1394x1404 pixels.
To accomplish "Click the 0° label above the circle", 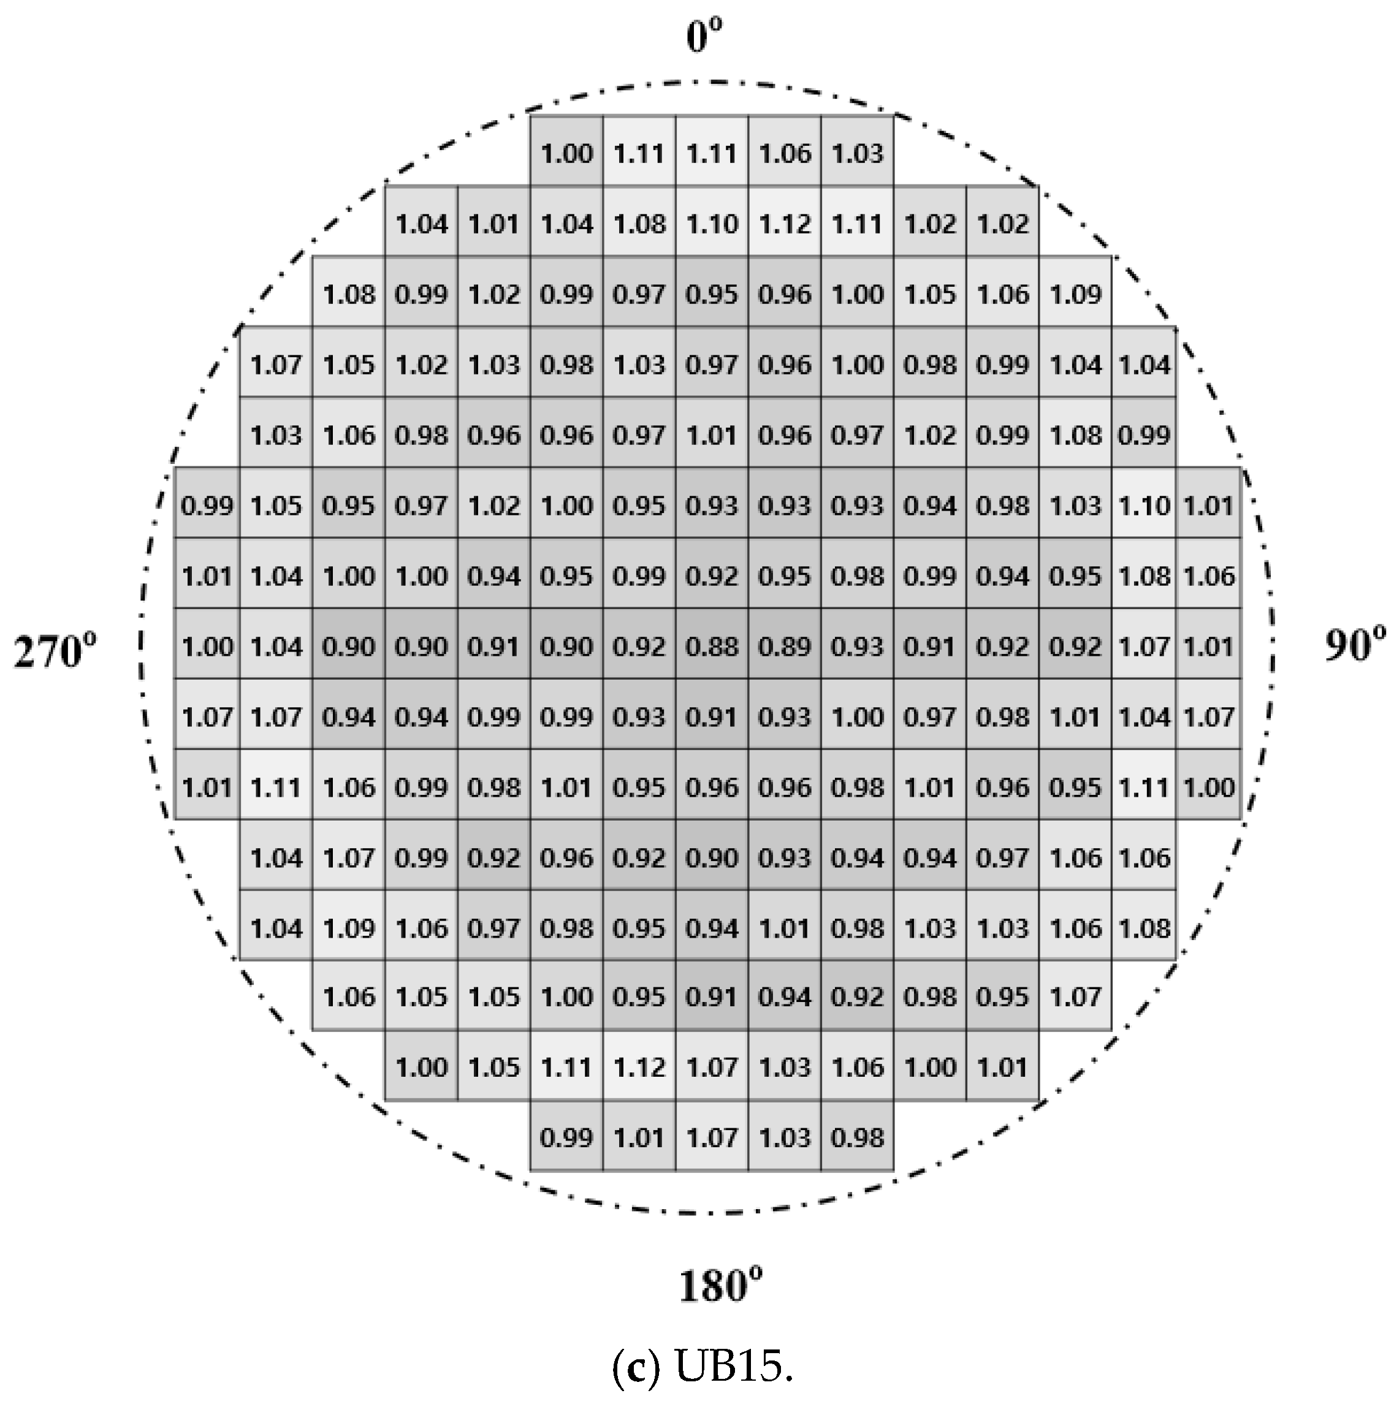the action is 704,36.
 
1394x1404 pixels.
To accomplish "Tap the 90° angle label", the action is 1354,645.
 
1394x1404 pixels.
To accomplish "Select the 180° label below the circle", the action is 720,1286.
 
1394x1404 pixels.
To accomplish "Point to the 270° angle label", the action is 55,650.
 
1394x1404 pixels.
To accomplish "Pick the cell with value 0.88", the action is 712,646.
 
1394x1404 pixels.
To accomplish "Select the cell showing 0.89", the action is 784,646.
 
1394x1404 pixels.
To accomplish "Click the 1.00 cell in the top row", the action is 567,153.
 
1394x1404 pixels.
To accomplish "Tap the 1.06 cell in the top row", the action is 784,153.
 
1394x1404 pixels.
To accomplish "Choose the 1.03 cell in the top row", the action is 857,153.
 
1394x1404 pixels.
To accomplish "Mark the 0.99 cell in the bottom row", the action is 567,1137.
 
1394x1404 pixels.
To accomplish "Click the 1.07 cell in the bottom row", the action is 712,1137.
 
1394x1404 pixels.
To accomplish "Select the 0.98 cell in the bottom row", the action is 857,1137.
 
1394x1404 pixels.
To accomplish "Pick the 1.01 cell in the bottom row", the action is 639,1137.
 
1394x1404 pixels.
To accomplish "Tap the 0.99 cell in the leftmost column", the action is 207,505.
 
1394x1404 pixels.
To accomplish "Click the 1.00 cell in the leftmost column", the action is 207,646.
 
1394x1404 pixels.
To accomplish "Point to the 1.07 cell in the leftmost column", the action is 207,716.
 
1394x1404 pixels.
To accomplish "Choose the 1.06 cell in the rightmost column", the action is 1209,575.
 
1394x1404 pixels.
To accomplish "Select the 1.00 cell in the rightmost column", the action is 1209,787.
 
